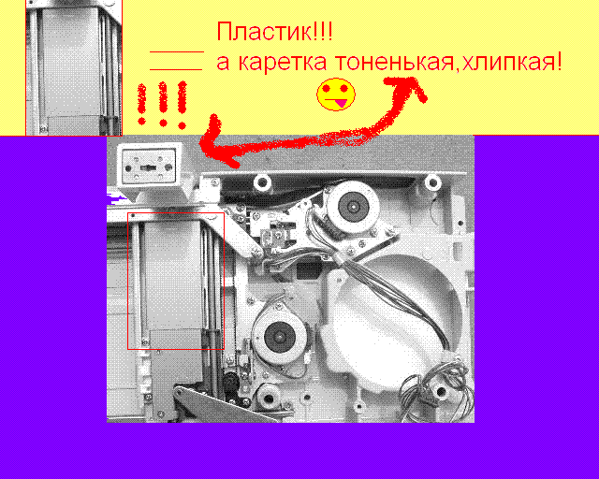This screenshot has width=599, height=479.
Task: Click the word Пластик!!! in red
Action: click(274, 31)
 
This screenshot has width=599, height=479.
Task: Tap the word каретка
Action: click(283, 62)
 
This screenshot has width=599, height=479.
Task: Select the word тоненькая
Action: click(394, 62)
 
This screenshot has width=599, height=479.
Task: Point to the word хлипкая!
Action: click(512, 62)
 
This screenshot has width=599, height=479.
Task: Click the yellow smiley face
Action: click(336, 94)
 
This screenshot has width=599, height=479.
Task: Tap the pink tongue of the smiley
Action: click(340, 102)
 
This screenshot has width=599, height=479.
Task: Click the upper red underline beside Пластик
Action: click(177, 51)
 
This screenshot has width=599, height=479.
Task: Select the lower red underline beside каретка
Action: click(176, 70)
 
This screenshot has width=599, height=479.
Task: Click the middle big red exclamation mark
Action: click(163, 103)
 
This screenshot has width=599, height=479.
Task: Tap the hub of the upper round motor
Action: click(354, 207)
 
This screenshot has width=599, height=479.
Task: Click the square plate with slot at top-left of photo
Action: click(148, 167)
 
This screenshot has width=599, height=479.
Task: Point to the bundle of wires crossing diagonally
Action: click(397, 294)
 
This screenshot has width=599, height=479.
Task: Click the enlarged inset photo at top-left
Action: click(74, 67)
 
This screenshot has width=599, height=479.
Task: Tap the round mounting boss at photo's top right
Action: click(432, 182)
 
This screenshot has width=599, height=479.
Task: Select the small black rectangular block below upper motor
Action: click(309, 270)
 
